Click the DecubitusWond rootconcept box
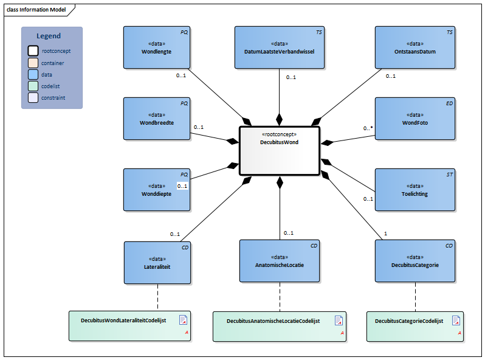coord(280,151)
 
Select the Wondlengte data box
coord(156,47)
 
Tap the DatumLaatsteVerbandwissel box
coord(279,47)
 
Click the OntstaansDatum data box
coord(414,47)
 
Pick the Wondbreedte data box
coord(156,118)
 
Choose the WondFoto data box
coord(414,119)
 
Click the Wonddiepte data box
coord(156,190)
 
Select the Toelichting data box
coord(414,190)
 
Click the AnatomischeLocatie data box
coord(280,261)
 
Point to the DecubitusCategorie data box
coord(414,261)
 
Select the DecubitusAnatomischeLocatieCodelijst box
coord(279,326)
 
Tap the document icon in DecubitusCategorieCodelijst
coord(455,320)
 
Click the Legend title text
coord(49,36)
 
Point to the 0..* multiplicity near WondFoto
coord(368,128)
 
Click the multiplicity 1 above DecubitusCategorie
coord(385,234)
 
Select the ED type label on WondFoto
coord(449,103)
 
